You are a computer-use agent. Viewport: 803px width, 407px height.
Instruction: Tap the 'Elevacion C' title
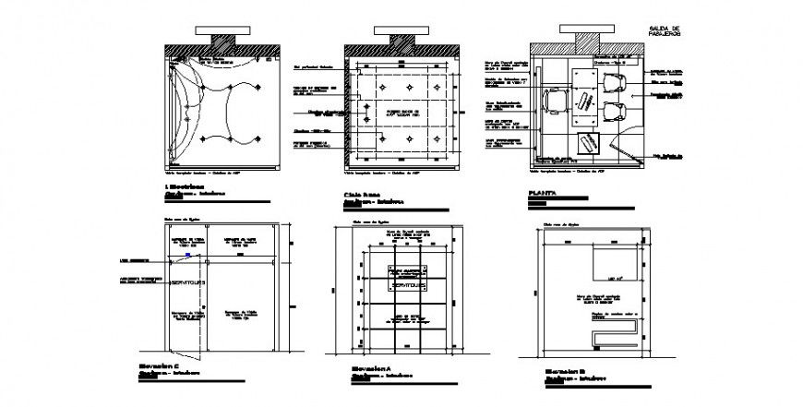click(181, 366)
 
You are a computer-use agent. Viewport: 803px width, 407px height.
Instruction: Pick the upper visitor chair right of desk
click(613, 86)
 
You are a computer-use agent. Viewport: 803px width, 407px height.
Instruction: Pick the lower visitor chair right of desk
click(614, 113)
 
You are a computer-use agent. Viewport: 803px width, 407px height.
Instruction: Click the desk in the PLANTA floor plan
click(584, 97)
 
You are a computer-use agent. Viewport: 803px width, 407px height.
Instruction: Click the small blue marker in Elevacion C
click(188, 256)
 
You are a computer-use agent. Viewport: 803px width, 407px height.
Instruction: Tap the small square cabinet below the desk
click(588, 143)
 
